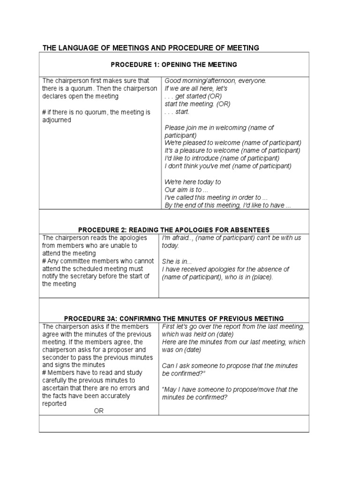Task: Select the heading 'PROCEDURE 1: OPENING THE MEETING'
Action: [x=173, y=64]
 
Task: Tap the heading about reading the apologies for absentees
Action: [x=173, y=230]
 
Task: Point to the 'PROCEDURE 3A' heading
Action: [x=173, y=318]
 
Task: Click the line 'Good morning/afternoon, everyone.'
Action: [x=215, y=81]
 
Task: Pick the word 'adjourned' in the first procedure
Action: [x=57, y=120]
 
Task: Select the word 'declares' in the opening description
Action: [x=55, y=96]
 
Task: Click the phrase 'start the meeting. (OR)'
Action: [x=197, y=104]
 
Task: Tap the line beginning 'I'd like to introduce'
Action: [x=226, y=158]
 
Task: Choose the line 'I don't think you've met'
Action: [x=228, y=166]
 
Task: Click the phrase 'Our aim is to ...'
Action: [x=183, y=190]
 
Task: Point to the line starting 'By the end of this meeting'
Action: [x=228, y=206]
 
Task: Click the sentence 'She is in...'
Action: [x=177, y=262]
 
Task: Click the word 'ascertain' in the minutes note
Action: [x=56, y=388]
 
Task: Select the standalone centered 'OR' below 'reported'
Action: [x=98, y=411]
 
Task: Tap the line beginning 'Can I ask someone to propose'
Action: [x=230, y=366]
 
